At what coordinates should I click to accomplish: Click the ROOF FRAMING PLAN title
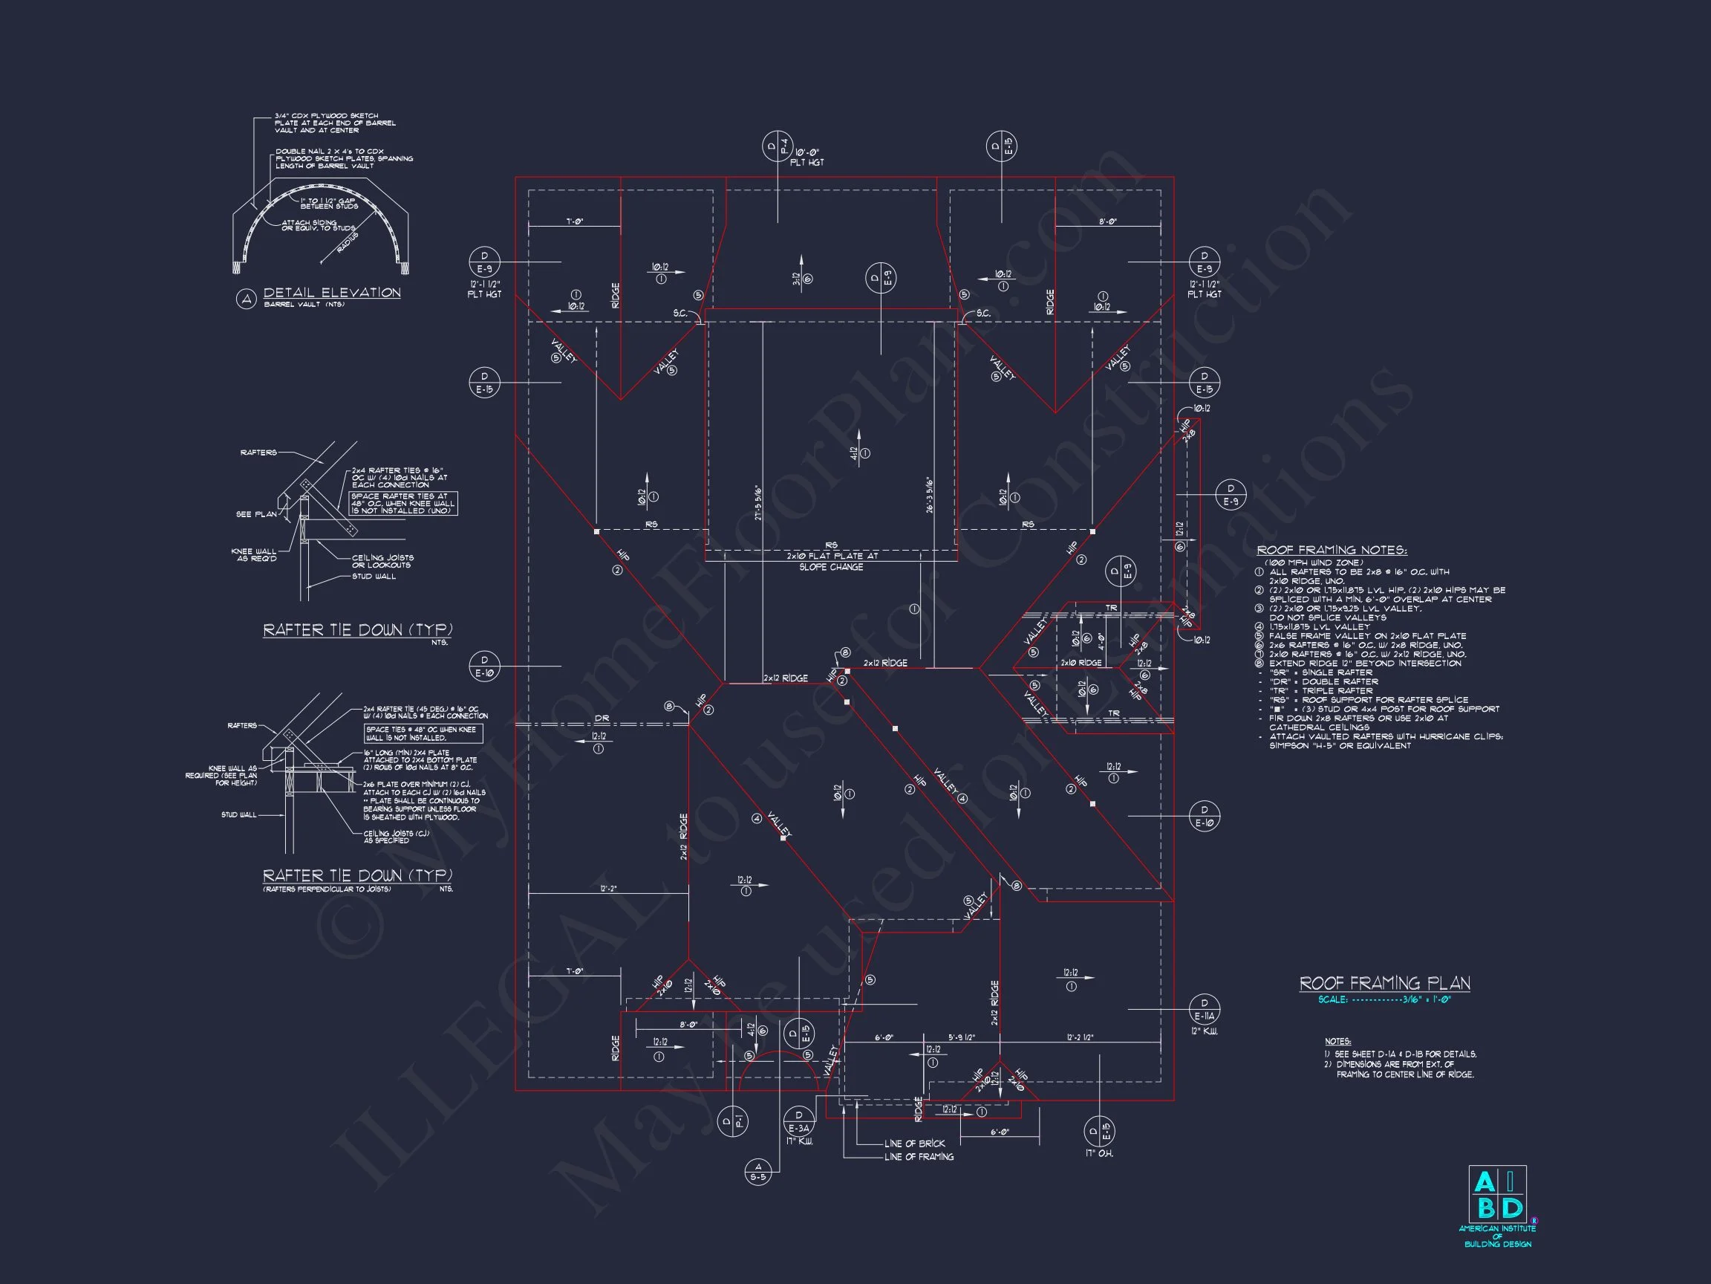(1384, 983)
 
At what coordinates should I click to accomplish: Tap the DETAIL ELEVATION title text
(332, 293)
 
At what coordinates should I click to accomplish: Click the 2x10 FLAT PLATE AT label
(832, 556)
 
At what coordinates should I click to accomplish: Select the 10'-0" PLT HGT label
(806, 157)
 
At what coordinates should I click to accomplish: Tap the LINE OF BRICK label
(914, 1143)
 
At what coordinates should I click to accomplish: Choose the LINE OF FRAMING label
(919, 1157)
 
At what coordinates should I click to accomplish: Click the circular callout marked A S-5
(758, 1172)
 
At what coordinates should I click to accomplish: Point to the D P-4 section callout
(777, 146)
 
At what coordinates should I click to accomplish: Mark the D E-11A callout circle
(1205, 1009)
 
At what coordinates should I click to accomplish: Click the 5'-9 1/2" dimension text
(962, 1037)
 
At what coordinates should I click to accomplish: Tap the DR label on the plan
(602, 719)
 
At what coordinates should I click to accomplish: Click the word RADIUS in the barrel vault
(347, 241)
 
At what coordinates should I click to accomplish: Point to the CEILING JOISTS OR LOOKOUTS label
(382, 561)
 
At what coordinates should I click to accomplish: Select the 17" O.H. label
(1099, 1153)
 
